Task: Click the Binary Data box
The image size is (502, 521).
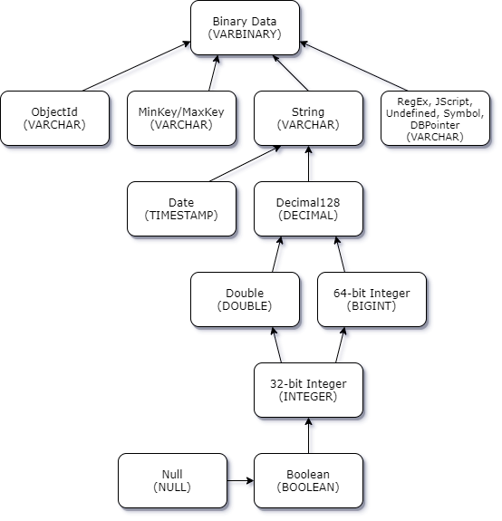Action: pos(246,28)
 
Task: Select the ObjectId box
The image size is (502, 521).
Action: pos(54,119)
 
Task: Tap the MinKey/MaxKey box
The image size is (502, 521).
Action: pos(182,119)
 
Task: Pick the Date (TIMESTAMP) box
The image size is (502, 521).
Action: pos(182,209)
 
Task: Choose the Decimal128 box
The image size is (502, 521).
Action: pos(309,209)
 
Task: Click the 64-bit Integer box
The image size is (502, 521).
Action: pos(372,300)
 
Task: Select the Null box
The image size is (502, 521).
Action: pos(173,481)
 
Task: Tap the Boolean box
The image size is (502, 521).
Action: pos(309,481)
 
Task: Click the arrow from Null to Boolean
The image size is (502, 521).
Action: pos(241,481)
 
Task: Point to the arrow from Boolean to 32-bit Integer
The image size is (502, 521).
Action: pos(309,436)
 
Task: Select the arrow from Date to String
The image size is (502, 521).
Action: pos(246,164)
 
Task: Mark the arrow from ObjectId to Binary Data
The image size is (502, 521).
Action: pos(137,66)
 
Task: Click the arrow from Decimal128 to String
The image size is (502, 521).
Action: pos(309,164)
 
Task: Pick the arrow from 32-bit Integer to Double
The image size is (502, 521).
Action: pos(276,345)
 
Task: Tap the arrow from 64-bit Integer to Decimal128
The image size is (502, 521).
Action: pos(340,255)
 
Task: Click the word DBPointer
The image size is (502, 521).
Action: pos(435,125)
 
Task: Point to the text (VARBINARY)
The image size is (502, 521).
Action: pos(245,34)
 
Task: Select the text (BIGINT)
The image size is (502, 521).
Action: pos(372,306)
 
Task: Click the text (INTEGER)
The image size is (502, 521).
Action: pos(308,397)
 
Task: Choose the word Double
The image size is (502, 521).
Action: pos(245,293)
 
